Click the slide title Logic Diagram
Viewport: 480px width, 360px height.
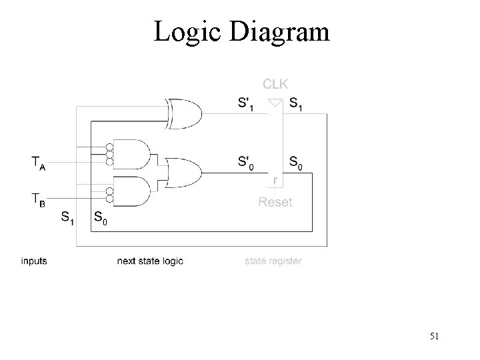click(x=241, y=32)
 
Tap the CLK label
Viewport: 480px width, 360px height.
click(x=275, y=84)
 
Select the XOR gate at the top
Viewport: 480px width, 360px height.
click(x=187, y=113)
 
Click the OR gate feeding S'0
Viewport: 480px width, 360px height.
click(x=184, y=173)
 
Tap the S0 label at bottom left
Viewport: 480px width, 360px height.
click(x=99, y=217)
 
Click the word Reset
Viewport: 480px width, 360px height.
click(x=275, y=201)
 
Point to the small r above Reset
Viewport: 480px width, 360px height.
click(x=276, y=181)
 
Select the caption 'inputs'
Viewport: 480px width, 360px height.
click(x=34, y=261)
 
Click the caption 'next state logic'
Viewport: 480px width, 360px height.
click(x=150, y=261)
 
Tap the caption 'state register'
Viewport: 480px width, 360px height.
click(x=273, y=261)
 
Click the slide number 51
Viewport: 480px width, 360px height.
click(x=434, y=336)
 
